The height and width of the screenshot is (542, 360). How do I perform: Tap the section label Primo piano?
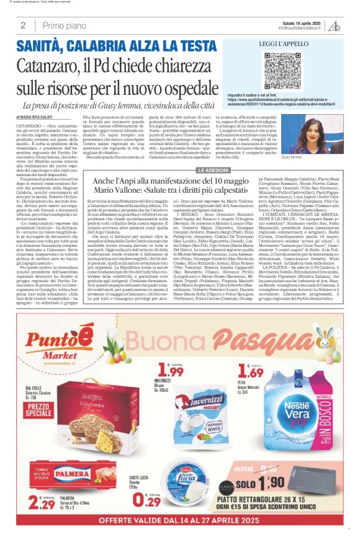click(x=62, y=25)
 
